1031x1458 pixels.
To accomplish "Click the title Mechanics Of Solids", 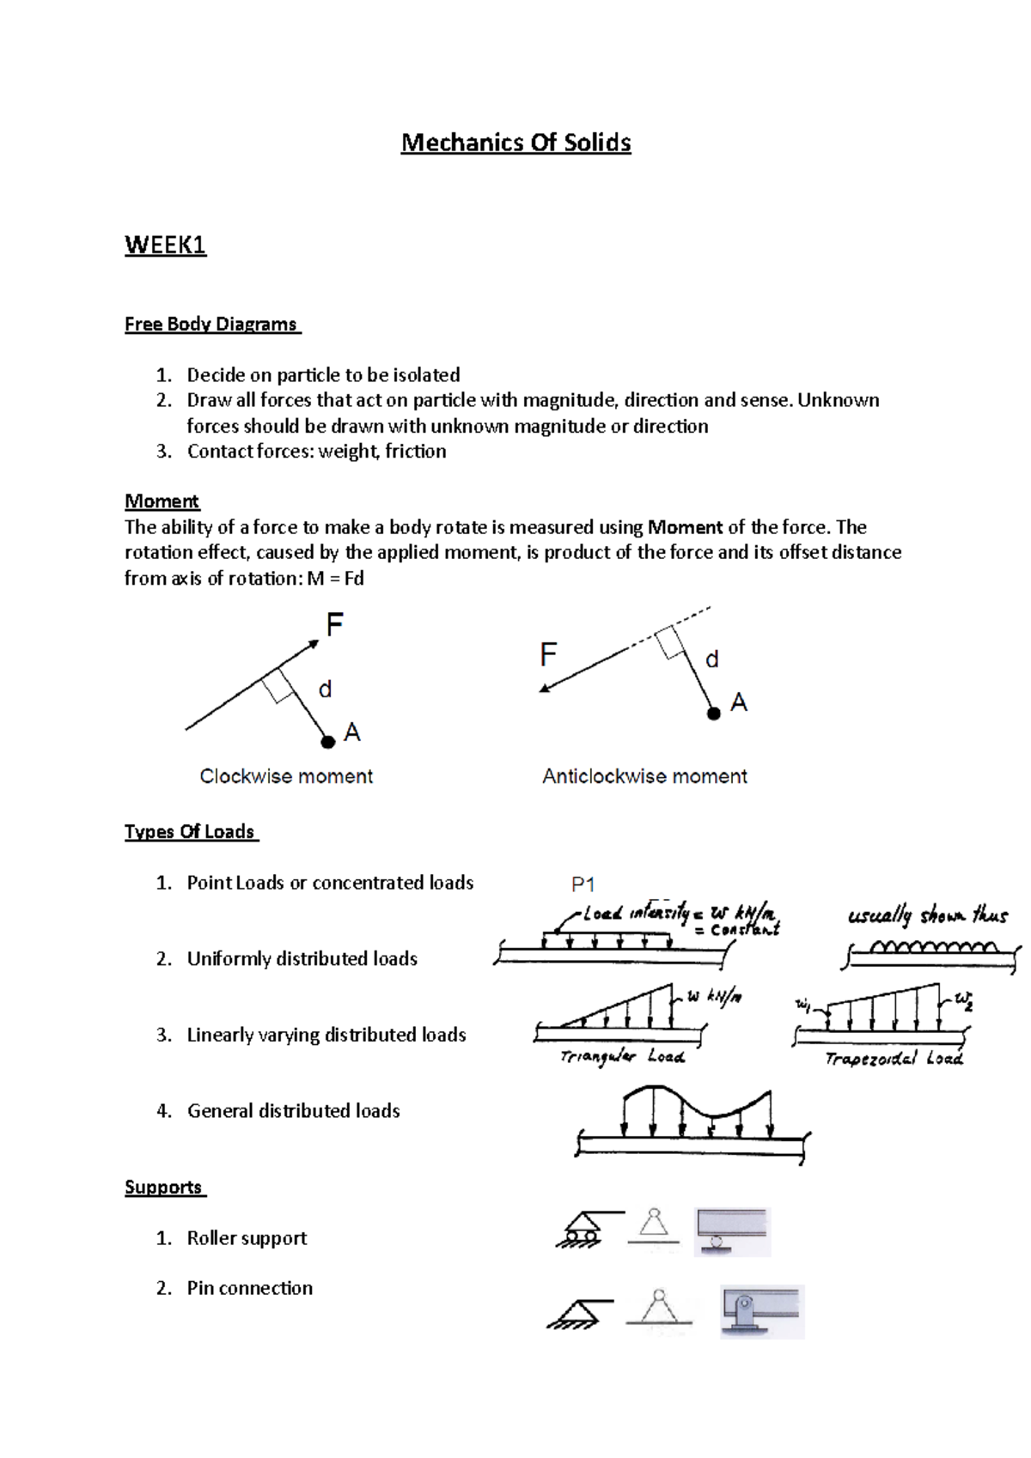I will (x=515, y=143).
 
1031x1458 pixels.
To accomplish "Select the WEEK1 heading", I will (x=165, y=246).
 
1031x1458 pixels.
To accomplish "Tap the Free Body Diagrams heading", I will (x=211, y=325).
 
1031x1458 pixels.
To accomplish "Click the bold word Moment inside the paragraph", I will (x=685, y=527).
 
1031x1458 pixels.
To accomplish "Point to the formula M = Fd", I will (x=335, y=579).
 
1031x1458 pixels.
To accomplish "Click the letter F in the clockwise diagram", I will (x=334, y=624).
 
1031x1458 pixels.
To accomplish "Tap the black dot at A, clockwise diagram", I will (x=327, y=742).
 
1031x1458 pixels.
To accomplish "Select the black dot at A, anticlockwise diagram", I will (x=713, y=714).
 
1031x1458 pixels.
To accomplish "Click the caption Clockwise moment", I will (x=286, y=776).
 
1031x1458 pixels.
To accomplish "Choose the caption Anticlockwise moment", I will (x=644, y=776).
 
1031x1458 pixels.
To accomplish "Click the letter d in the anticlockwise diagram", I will (x=711, y=659).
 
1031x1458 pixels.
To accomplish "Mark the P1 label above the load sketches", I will (x=583, y=884).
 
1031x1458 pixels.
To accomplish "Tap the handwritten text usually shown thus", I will (x=927, y=915).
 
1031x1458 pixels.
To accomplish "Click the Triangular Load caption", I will (x=622, y=1057).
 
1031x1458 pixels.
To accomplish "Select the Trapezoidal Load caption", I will (x=894, y=1059).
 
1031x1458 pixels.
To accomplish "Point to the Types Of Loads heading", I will (x=190, y=832).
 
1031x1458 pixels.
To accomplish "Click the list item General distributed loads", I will (x=293, y=1111).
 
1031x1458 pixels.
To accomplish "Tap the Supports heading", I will (x=163, y=1188).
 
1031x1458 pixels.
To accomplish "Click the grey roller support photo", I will (x=732, y=1231).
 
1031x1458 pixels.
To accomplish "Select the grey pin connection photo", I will (x=761, y=1311).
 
